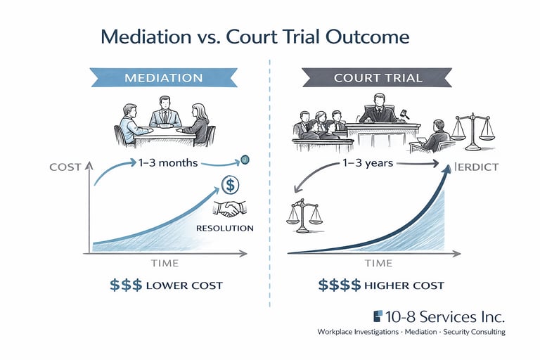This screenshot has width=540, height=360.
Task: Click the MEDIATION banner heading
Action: (x=164, y=77)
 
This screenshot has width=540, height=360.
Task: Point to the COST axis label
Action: (x=65, y=167)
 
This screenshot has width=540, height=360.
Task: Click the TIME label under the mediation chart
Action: (x=165, y=263)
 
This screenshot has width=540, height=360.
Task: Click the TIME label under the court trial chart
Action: (x=378, y=263)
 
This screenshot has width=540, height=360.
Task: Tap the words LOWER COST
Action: (x=185, y=285)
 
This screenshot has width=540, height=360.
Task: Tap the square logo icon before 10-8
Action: (x=378, y=316)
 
